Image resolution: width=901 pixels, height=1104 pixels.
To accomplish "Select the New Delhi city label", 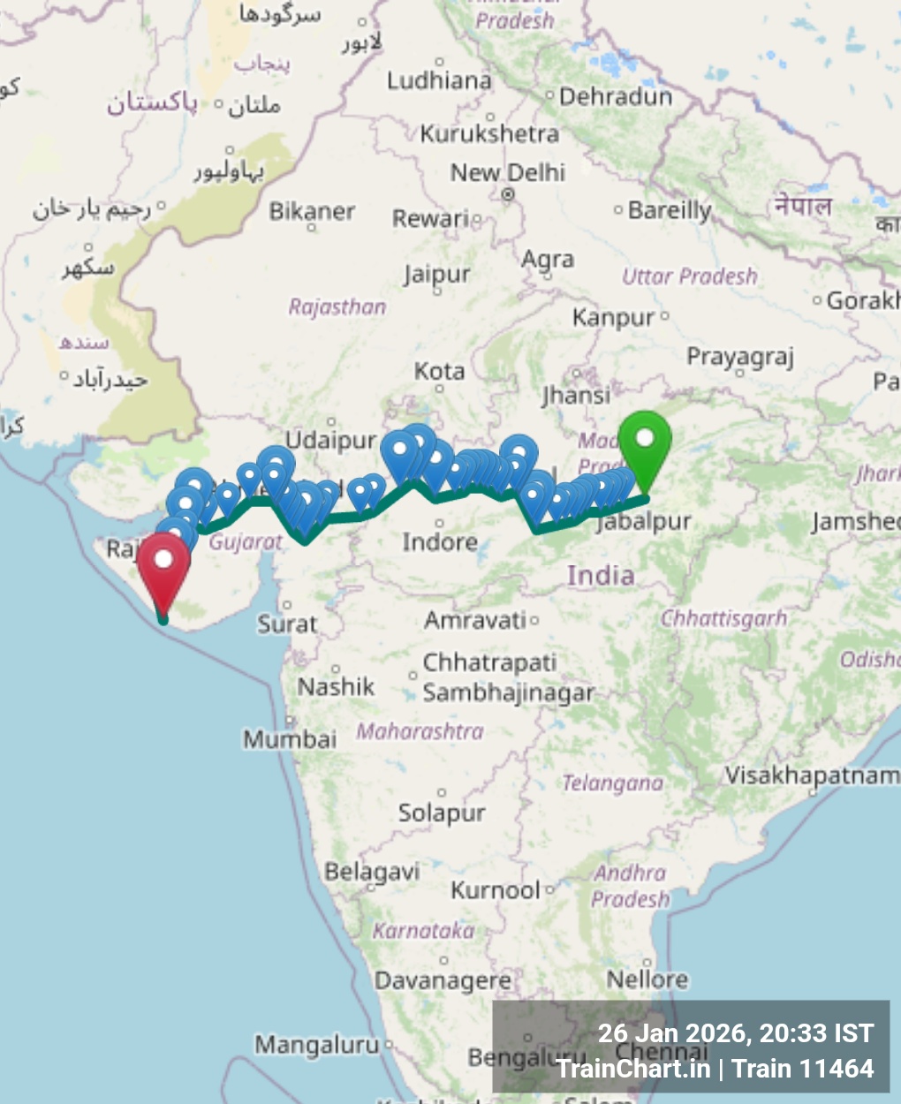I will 507,172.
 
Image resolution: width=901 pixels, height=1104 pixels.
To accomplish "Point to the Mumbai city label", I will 290,738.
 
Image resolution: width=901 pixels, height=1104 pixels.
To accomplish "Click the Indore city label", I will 439,541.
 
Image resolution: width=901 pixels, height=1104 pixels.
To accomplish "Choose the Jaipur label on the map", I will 436,275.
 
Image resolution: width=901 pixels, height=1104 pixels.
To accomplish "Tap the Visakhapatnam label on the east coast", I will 812,775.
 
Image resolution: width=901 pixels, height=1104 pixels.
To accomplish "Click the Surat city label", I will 286,624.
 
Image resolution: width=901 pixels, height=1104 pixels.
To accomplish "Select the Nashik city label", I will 336,686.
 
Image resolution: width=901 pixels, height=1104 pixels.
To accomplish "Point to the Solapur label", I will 441,812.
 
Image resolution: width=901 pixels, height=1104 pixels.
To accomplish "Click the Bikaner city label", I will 312,211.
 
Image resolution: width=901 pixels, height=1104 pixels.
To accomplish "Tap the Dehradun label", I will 615,96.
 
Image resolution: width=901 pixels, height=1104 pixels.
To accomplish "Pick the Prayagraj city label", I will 740,357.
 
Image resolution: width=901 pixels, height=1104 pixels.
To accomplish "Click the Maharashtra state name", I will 420,731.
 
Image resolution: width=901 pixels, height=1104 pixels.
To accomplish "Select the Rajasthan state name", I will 337,306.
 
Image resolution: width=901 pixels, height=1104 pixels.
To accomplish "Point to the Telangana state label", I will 612,783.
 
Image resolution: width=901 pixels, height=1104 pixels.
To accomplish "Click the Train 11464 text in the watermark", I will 803,1069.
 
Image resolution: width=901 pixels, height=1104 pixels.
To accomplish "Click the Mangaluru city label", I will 316,1045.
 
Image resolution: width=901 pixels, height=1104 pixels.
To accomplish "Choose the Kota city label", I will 439,371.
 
